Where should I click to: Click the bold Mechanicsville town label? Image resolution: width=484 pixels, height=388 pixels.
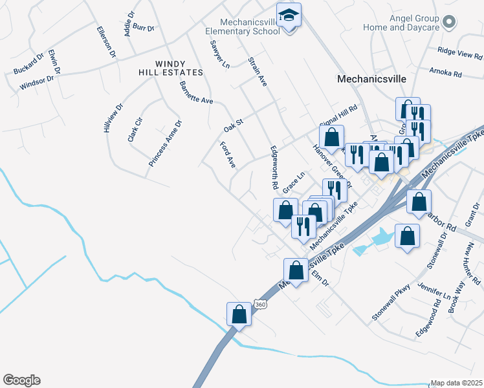click(371, 78)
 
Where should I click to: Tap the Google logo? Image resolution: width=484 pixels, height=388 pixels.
click(21, 380)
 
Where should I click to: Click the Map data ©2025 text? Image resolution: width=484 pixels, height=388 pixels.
click(457, 383)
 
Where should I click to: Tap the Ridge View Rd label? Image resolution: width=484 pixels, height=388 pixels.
click(460, 52)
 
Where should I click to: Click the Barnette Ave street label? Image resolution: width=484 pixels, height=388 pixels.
click(196, 92)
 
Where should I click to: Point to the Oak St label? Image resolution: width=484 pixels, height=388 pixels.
click(233, 122)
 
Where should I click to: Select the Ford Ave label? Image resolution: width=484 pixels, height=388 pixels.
click(228, 155)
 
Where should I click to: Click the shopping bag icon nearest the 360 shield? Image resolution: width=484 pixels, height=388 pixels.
click(239, 314)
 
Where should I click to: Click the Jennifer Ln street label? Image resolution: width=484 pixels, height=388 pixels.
click(434, 291)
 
